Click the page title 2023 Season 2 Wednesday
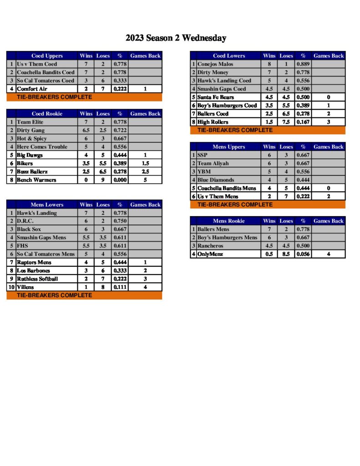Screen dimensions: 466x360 tap(176, 38)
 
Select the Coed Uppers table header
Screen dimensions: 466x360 tap(47, 56)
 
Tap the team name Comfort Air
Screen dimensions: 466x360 tap(32, 89)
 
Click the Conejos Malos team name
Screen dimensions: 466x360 tap(215, 64)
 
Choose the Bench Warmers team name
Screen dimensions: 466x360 tap(36, 180)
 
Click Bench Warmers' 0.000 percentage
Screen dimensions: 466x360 tap(120, 180)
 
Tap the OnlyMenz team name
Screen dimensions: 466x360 tap(210, 254)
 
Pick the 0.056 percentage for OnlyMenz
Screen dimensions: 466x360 tap(303, 254)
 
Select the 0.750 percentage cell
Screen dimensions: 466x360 tap(120, 221)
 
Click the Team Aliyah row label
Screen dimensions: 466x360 tap(213, 163)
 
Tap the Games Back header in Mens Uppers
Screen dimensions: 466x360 tap(328, 147)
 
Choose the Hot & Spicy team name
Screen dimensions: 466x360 tap(32, 138)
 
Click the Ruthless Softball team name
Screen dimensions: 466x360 tap(37, 279)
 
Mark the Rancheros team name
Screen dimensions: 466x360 tap(210, 246)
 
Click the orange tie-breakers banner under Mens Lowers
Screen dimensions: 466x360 tap(84, 295)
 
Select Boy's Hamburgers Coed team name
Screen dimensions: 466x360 tap(227, 106)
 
